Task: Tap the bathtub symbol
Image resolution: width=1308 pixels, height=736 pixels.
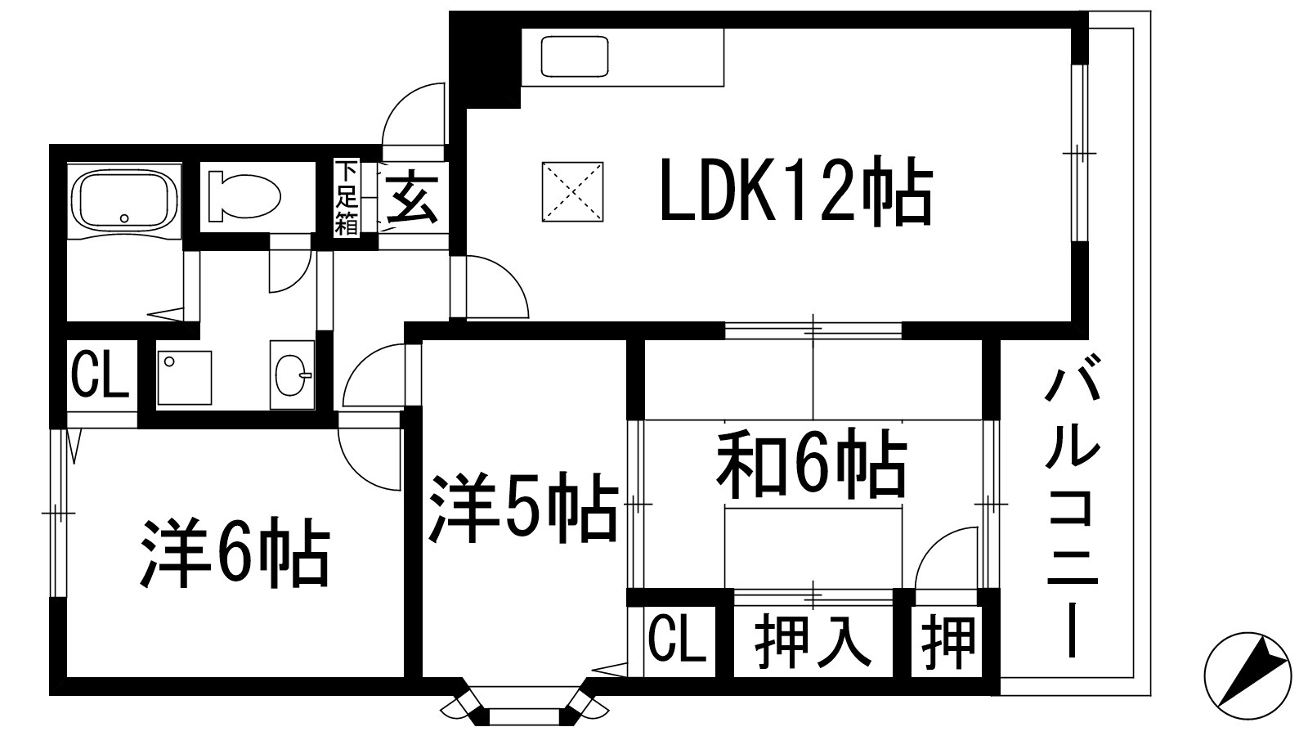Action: pyautogui.click(x=125, y=199)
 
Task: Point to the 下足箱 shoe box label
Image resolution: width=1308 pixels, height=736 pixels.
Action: pyautogui.click(x=347, y=199)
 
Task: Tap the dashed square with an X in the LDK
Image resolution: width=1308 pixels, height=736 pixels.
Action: pyautogui.click(x=573, y=191)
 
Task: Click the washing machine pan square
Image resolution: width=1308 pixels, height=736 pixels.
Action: pyautogui.click(x=185, y=377)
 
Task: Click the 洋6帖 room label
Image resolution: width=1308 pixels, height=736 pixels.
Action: pyautogui.click(x=235, y=553)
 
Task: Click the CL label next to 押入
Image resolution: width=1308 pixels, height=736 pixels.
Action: pyautogui.click(x=678, y=640)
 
